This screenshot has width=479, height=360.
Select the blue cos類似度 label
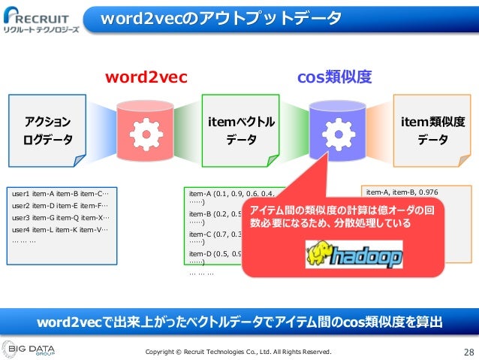click(335, 77)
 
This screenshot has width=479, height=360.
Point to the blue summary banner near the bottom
click(239, 322)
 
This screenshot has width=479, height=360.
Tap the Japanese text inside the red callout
click(342, 217)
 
